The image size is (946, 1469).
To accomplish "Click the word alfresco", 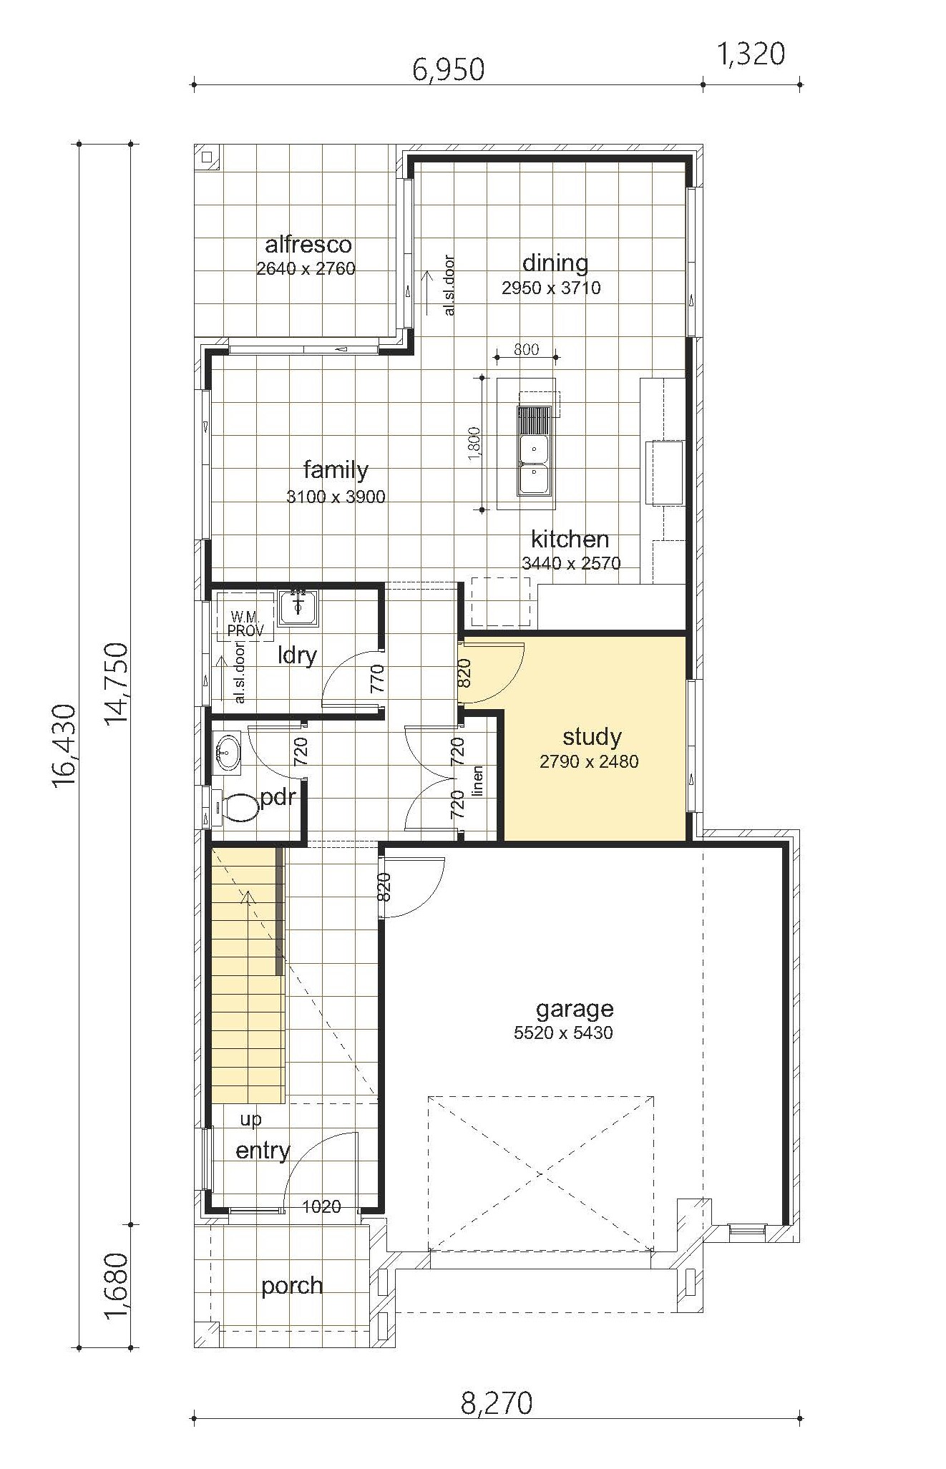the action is coord(308,245).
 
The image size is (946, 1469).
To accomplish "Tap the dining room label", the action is coord(555,264).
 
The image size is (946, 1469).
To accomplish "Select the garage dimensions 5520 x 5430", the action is coord(563,1033).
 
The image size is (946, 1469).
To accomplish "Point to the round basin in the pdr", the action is coord(228,753).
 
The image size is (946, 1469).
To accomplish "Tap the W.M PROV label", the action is coord(245,624).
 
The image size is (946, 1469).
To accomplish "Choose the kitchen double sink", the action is coord(534,450).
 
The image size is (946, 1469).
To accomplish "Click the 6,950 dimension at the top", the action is coord(449,70).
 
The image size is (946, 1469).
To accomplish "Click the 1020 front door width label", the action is coord(321,1206).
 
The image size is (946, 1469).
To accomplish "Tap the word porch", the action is coord(292,1286).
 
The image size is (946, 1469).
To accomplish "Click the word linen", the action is coord(477,780).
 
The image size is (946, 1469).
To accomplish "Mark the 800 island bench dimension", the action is coord(526,349).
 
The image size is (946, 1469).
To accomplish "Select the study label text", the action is coord(592,737).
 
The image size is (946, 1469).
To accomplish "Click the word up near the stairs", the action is coord(250,1120).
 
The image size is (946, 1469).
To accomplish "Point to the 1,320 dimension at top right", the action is coord(751,54).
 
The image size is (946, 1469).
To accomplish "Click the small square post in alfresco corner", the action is coord(208,158).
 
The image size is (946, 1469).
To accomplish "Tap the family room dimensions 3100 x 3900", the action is coord(336,497).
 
